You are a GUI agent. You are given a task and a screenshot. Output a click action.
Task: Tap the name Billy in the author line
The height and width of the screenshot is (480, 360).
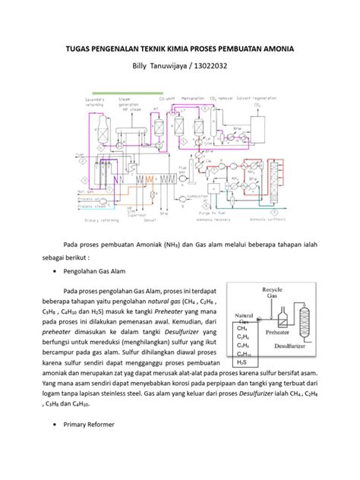tap(143, 68)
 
